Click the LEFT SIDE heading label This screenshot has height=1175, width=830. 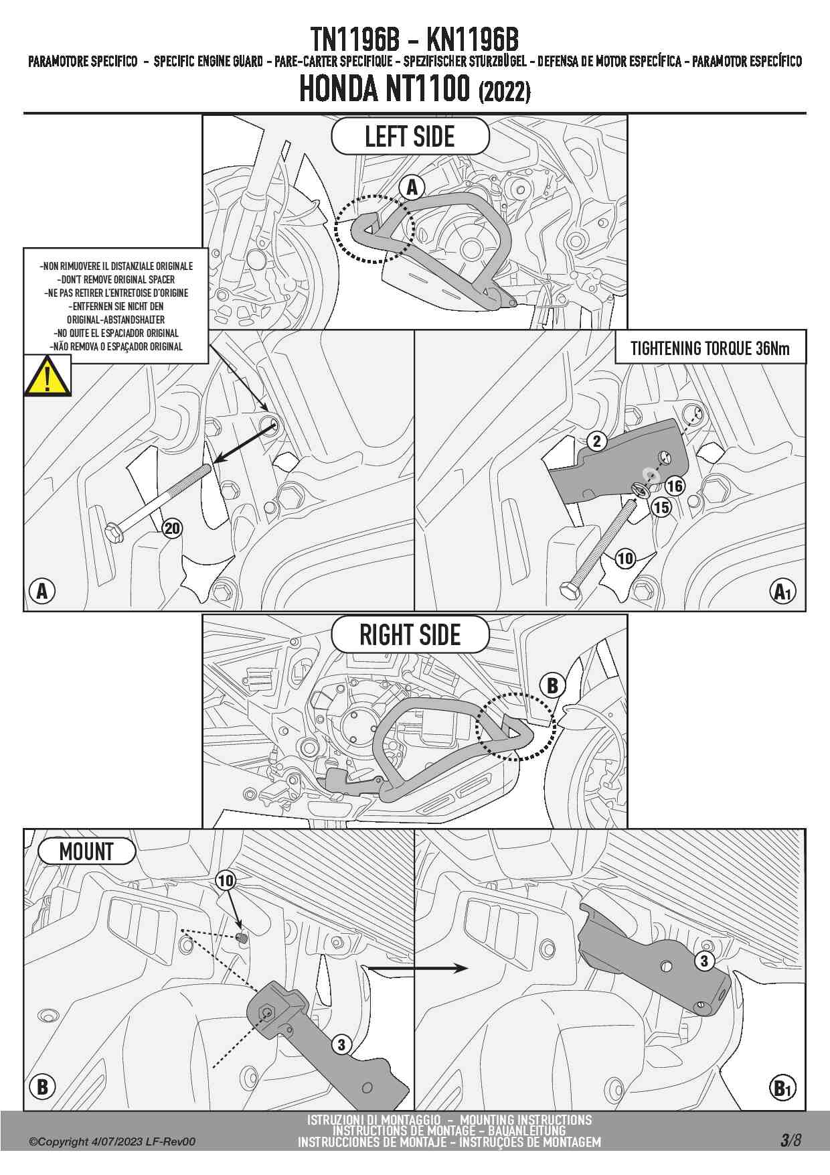410,137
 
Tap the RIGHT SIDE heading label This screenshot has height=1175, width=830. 410,634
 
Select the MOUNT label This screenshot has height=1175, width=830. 86,851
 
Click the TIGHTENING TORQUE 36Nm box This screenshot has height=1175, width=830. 710,348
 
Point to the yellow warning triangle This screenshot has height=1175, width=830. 47,376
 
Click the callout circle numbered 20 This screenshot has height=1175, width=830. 172,529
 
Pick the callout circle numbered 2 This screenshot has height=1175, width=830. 596,441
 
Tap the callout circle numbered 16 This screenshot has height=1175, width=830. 675,486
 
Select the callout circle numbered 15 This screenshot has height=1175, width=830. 661,507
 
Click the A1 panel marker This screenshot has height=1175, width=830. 782,592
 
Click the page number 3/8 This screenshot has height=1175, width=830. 790,1140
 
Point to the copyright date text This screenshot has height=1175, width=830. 112,1142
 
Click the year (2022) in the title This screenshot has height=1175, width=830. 504,92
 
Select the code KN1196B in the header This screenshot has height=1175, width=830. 473,40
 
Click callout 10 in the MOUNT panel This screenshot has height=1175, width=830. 226,880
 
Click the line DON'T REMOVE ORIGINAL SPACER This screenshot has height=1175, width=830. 116,279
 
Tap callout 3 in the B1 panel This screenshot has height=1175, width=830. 703,961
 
